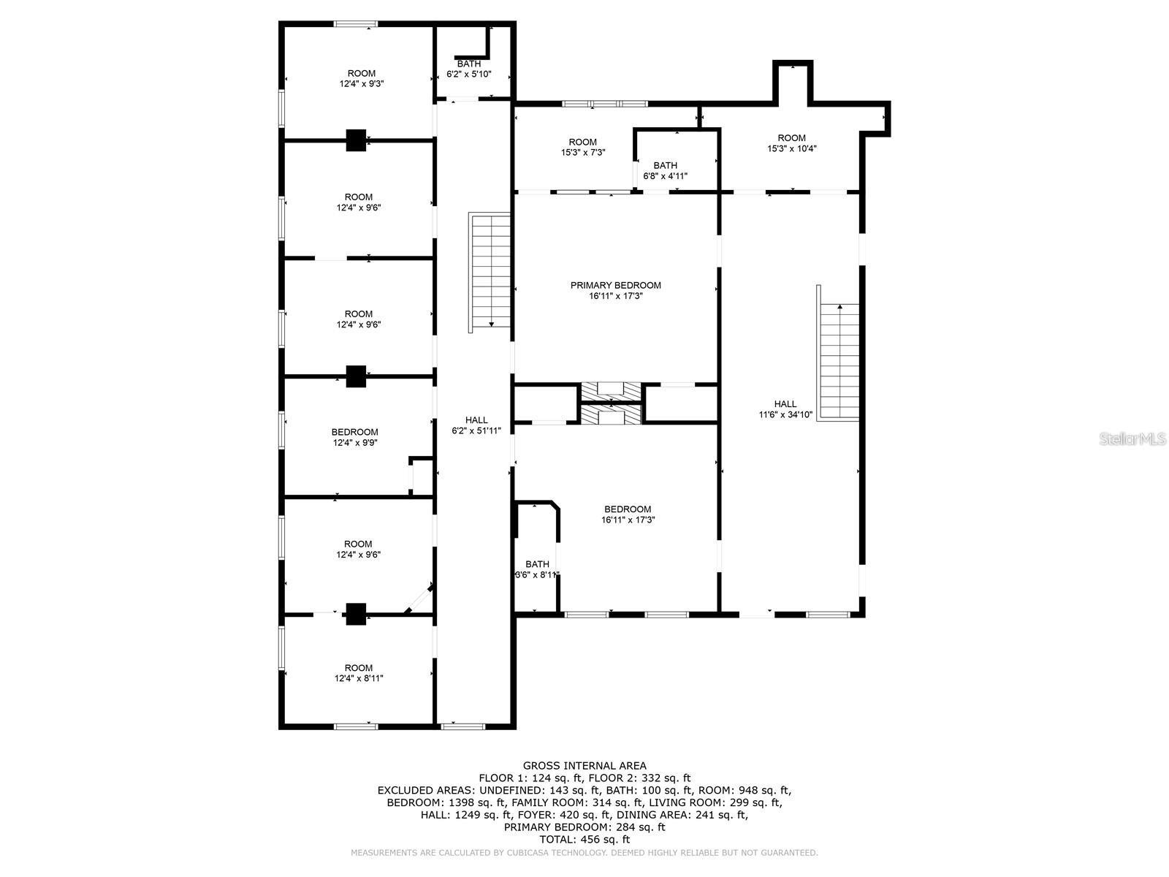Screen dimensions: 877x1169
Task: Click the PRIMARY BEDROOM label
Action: (x=615, y=286)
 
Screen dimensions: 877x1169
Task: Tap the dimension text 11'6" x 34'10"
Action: (x=785, y=414)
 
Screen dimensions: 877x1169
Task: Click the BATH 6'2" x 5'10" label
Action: (x=468, y=69)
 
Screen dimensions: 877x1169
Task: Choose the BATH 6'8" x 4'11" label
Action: (x=665, y=170)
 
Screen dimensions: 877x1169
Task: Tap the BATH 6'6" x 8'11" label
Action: (x=537, y=569)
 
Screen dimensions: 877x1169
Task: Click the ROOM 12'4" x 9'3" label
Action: (x=361, y=78)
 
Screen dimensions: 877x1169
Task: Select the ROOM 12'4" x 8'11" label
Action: (x=358, y=672)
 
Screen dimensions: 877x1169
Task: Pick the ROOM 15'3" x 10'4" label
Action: (x=791, y=143)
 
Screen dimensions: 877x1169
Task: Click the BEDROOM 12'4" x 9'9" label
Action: (x=354, y=437)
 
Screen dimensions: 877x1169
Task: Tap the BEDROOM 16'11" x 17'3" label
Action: (x=627, y=515)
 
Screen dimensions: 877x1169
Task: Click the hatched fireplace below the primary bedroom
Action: (x=611, y=403)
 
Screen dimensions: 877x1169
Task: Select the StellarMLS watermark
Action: (x=1132, y=438)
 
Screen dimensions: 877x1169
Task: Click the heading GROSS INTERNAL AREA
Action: (x=584, y=766)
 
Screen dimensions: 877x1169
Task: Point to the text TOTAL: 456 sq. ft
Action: (x=584, y=840)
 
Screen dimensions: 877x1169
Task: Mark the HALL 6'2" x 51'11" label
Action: (x=476, y=425)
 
